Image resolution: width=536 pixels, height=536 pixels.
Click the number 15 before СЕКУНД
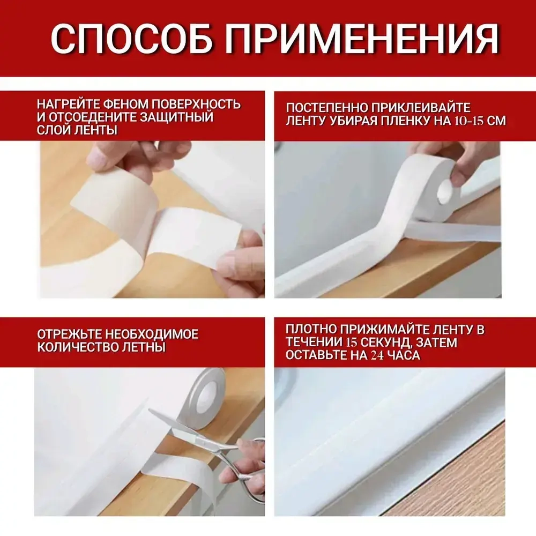[x=351, y=343]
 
